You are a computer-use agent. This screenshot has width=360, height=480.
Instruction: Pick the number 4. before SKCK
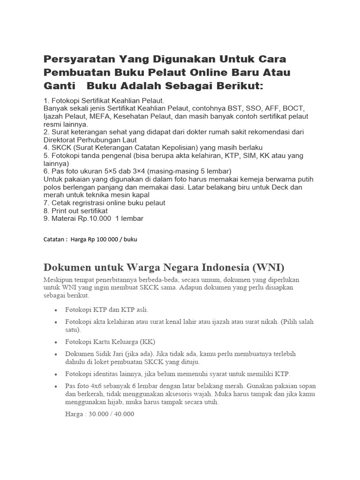[46, 148]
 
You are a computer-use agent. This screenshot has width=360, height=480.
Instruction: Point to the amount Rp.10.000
[90, 218]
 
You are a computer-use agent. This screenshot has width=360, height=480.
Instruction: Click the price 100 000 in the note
[102, 240]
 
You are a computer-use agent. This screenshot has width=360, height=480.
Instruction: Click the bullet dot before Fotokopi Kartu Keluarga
[56, 342]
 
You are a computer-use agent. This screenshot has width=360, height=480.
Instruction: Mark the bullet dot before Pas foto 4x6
[56, 386]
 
